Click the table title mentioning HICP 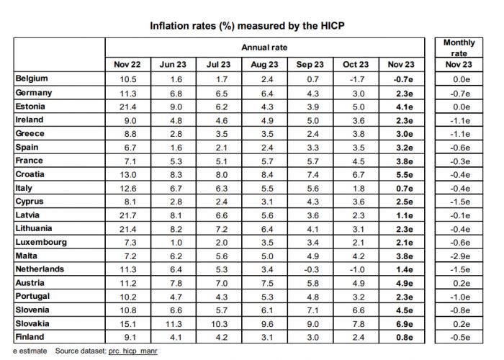[247, 26]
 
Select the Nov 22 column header [127, 65]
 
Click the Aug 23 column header [264, 65]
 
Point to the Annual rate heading [264, 48]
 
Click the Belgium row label [32, 78]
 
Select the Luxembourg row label [41, 242]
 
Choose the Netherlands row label [40, 269]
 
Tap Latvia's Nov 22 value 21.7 [127, 215]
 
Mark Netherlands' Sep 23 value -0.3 [310, 269]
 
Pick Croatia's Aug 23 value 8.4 [264, 174]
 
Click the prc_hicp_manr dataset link [133, 351]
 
